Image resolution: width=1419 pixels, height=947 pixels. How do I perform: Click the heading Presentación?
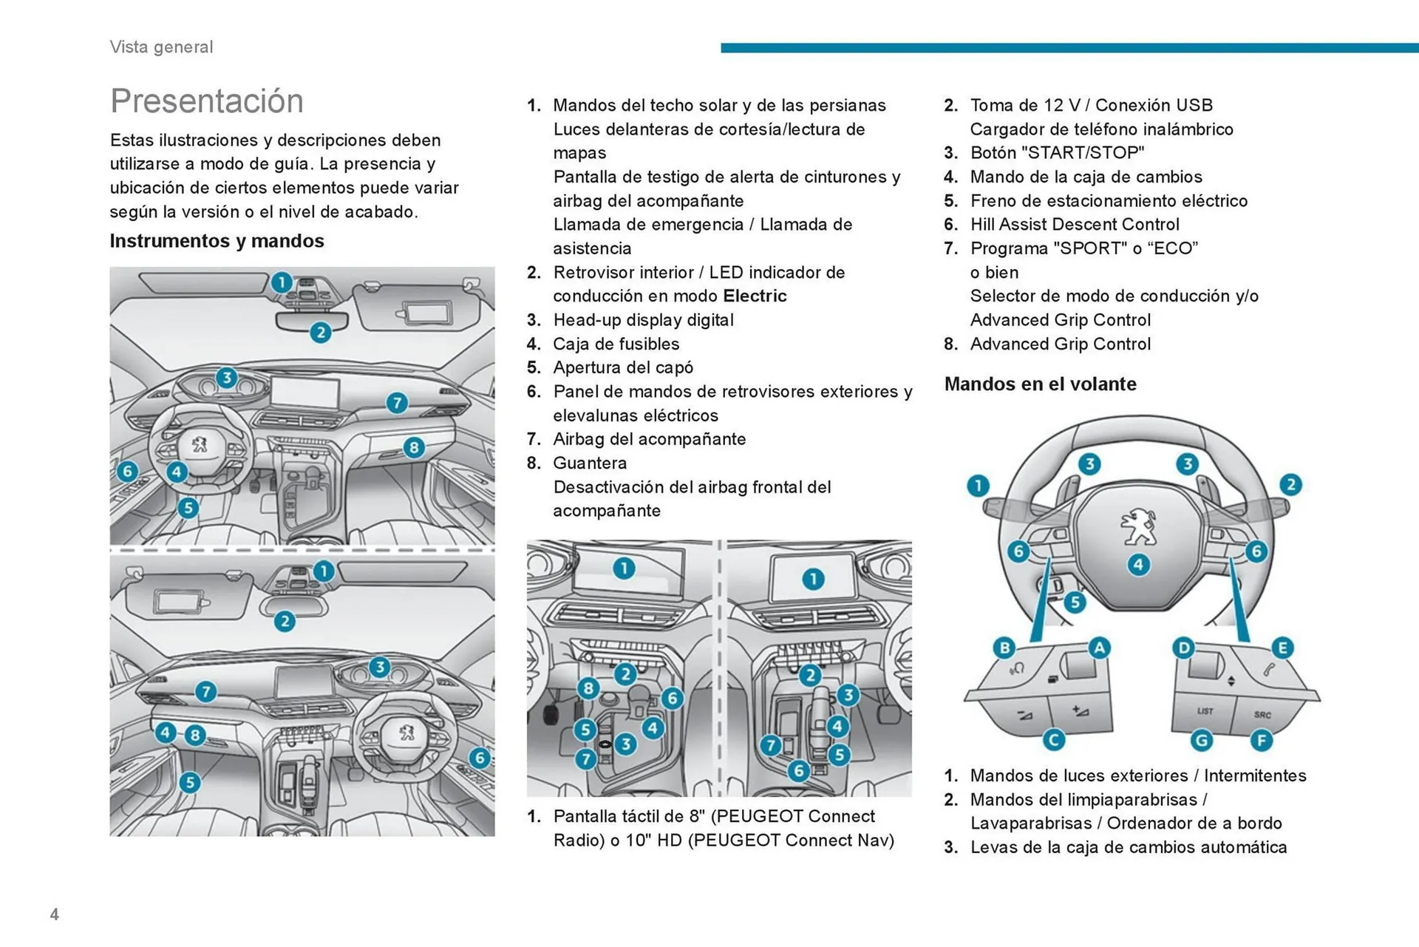[207, 101]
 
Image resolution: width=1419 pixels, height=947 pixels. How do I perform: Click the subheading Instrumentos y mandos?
[217, 241]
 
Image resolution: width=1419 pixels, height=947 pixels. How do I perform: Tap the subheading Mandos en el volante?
[1040, 384]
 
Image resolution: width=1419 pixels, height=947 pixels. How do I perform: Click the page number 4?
[55, 914]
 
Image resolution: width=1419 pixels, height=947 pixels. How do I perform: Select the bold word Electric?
[755, 296]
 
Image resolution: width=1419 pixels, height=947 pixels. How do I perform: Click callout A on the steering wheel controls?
[1099, 648]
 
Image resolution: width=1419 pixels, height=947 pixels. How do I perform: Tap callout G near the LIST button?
[1202, 740]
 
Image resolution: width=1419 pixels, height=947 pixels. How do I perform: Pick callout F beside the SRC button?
[1261, 740]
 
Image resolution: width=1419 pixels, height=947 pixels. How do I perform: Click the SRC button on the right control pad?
[1262, 714]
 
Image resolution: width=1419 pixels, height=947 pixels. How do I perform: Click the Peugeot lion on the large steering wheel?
[1138, 526]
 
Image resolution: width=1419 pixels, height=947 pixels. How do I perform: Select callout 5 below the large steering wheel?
[1075, 602]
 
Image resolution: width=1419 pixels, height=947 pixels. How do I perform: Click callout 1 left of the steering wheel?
[978, 486]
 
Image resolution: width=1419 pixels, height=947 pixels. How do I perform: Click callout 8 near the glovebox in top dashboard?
[414, 447]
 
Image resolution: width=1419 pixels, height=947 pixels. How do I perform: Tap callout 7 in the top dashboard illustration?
[397, 403]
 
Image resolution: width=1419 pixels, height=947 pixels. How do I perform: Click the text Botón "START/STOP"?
[1057, 153]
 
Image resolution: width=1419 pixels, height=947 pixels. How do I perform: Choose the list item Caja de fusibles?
[616, 344]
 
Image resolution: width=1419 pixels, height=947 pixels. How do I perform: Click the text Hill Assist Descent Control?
[1075, 225]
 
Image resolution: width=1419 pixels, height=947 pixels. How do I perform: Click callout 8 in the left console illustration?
[588, 688]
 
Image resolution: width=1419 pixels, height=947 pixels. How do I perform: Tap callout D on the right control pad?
[1183, 648]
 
